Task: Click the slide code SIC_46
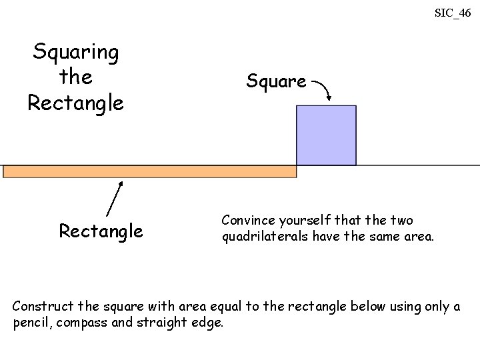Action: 453,13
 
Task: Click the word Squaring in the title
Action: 76,52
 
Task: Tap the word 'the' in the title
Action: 75,77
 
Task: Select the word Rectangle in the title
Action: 76,103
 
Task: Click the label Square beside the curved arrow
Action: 276,81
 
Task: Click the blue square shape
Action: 326,135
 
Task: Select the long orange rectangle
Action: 150,171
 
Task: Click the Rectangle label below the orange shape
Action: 101,231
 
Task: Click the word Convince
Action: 247,220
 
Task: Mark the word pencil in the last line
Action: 31,323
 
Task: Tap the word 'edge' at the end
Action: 208,323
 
